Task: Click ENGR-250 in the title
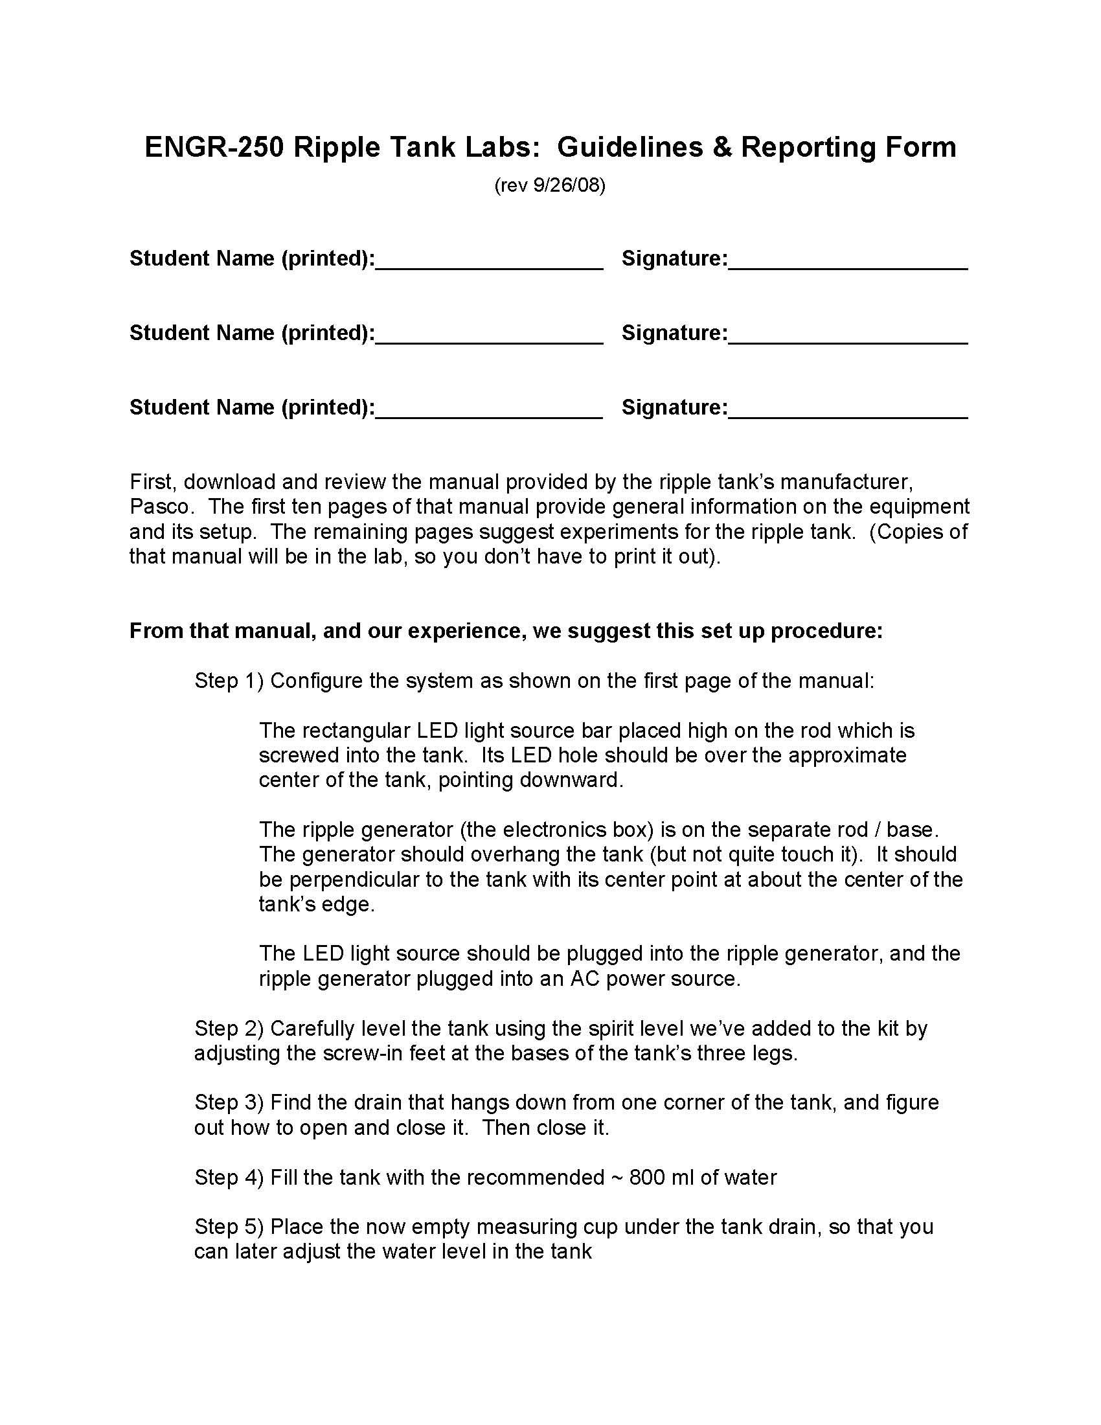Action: (x=214, y=147)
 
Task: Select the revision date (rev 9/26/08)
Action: (x=550, y=185)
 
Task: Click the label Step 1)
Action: (x=229, y=681)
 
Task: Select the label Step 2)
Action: (x=229, y=1029)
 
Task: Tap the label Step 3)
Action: (x=229, y=1102)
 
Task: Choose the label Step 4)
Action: (x=229, y=1177)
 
